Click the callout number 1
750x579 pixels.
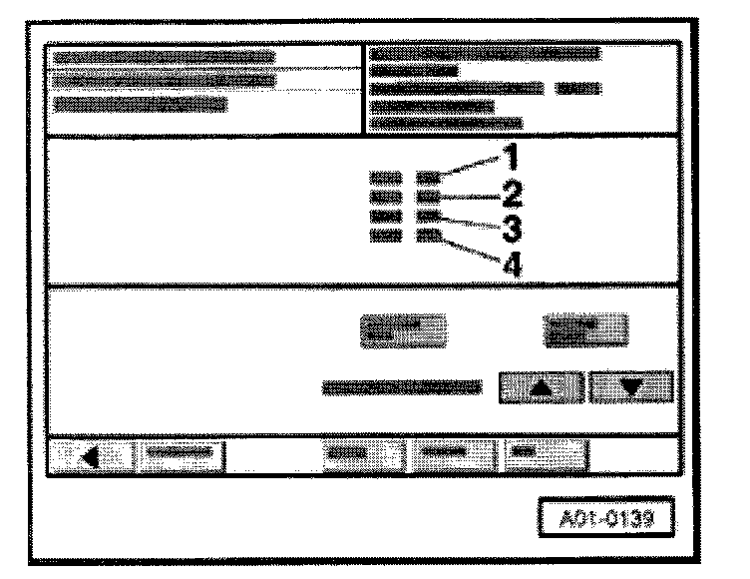point(512,157)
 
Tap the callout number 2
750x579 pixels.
point(512,194)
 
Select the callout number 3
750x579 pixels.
point(512,229)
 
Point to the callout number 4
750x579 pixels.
point(513,265)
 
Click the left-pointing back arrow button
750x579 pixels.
point(91,456)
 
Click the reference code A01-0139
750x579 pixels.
point(606,518)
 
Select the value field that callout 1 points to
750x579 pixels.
point(428,178)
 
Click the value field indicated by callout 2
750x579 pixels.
point(428,197)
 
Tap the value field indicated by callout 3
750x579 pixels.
point(428,217)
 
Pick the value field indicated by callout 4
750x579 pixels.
point(428,236)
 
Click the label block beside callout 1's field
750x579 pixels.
point(386,178)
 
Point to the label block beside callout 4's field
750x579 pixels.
point(386,236)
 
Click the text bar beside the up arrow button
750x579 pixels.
point(402,387)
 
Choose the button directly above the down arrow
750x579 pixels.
point(586,330)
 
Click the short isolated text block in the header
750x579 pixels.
point(578,89)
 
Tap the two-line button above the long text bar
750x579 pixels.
point(403,330)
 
